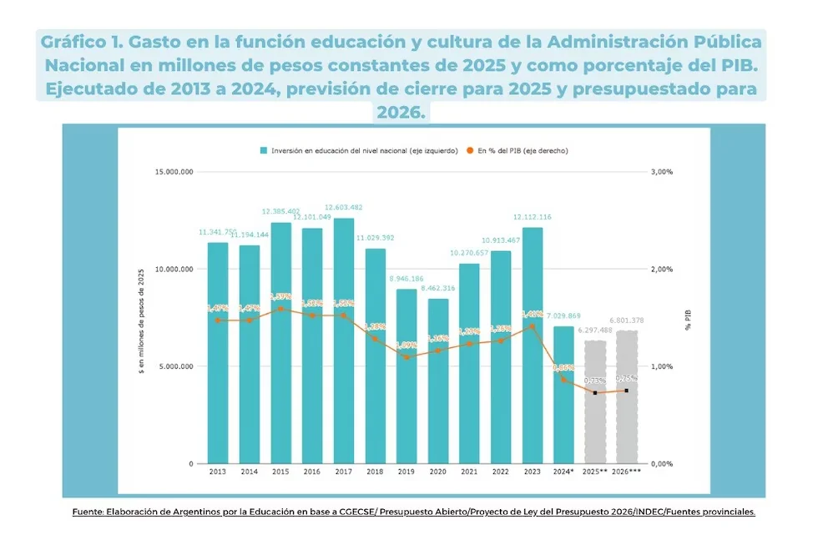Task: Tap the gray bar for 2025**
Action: [594, 401]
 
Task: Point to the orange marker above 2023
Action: [532, 326]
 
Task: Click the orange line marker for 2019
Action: [406, 357]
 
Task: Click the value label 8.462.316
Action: [438, 288]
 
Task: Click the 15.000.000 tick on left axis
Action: [174, 172]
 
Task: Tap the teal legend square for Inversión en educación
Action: [263, 151]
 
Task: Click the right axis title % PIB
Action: [689, 318]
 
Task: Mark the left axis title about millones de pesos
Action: [141, 317]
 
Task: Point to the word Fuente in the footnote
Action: [88, 512]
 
